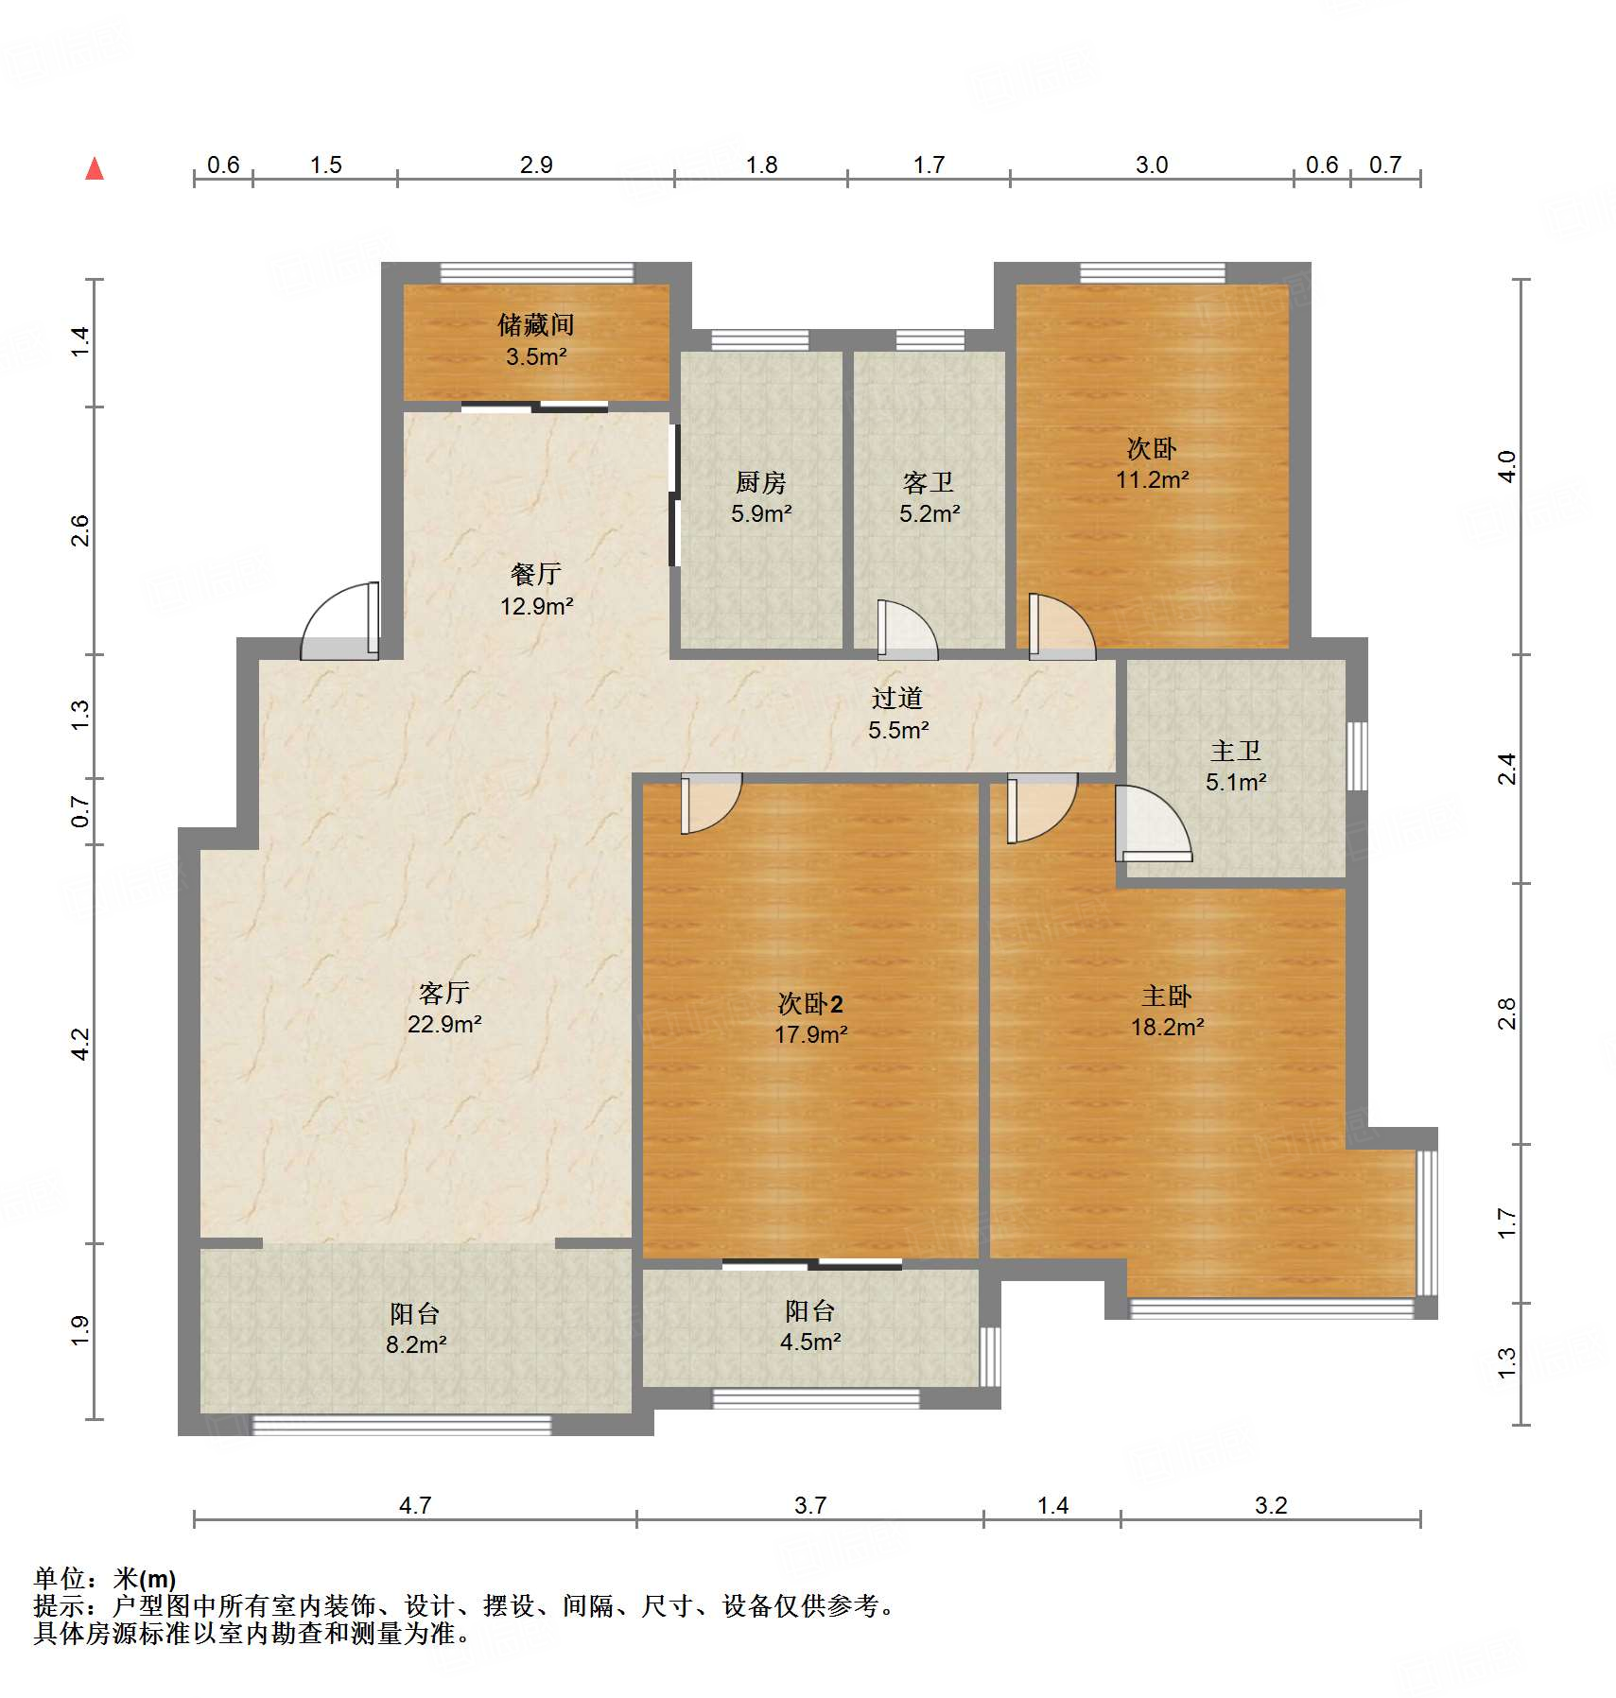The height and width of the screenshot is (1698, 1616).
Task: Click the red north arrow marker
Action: (95, 169)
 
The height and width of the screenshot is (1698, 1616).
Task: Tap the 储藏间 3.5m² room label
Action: (536, 340)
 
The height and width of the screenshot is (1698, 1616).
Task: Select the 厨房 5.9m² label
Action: (761, 497)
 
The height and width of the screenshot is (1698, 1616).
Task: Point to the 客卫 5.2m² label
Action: (929, 497)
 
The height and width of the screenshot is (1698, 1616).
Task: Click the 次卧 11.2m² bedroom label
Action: (1152, 463)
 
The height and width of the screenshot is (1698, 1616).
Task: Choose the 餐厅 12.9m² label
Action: (536, 589)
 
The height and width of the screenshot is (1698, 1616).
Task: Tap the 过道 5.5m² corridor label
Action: (897, 714)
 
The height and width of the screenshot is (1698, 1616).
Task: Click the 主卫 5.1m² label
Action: (1236, 766)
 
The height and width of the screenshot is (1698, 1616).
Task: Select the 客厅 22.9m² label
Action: (444, 1008)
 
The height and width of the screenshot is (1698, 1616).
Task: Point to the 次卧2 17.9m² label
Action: (810, 1018)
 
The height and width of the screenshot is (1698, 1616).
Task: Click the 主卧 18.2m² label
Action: (1167, 1011)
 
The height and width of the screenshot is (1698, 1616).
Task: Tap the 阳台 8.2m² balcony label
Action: (415, 1328)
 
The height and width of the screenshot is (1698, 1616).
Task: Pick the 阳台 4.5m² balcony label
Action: (810, 1325)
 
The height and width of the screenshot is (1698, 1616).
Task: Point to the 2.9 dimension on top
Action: (536, 165)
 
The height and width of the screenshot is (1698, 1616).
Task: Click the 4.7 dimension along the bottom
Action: (415, 1505)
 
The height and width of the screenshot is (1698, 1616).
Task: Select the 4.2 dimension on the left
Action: (80, 1044)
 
